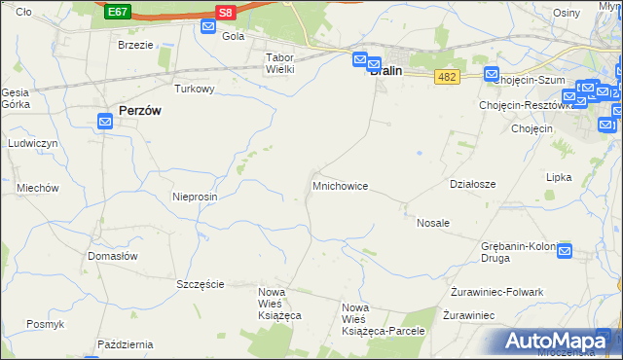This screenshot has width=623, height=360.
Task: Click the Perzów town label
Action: pos(139,111)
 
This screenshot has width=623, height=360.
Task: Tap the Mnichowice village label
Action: pos(340,185)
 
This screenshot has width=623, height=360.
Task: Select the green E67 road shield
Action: pos(118,12)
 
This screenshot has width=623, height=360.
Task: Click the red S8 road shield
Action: pos(226,12)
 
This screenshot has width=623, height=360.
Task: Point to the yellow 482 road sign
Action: pos(448,77)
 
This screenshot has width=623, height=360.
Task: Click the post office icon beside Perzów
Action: pos(106,122)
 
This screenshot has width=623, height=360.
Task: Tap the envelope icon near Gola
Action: pos(208,26)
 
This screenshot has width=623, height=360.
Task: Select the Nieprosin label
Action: pos(195,196)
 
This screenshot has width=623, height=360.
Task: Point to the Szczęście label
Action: pos(201,284)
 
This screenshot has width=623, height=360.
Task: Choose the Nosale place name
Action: pos(433,223)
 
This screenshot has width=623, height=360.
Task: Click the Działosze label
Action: pos(473,183)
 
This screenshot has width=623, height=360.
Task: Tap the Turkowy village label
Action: pos(194,89)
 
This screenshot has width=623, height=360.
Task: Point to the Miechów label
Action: pos(38,188)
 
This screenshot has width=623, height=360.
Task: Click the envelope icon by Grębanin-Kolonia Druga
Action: pos(565,250)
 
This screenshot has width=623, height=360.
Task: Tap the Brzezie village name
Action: pos(135,45)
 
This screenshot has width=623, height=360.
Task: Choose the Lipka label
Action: pos(559,178)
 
